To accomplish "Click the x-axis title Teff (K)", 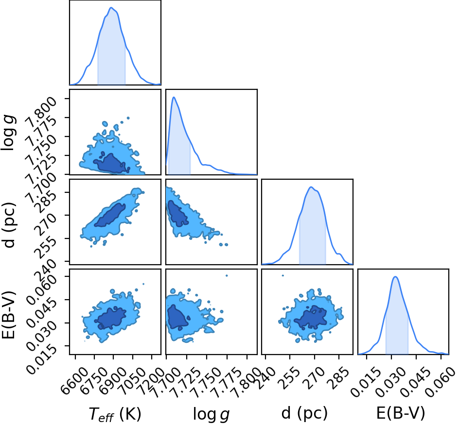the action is click(x=115, y=414).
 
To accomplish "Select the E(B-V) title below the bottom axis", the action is click(x=401, y=413).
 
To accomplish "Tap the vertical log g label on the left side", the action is click(x=9, y=132).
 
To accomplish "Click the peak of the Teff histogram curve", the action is click(x=111, y=8).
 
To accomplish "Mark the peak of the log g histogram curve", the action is click(x=174, y=97).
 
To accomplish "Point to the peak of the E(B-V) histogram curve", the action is click(x=395, y=277).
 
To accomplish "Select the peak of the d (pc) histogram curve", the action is click(x=311, y=187).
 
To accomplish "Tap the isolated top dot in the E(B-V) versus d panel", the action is click(x=283, y=275).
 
